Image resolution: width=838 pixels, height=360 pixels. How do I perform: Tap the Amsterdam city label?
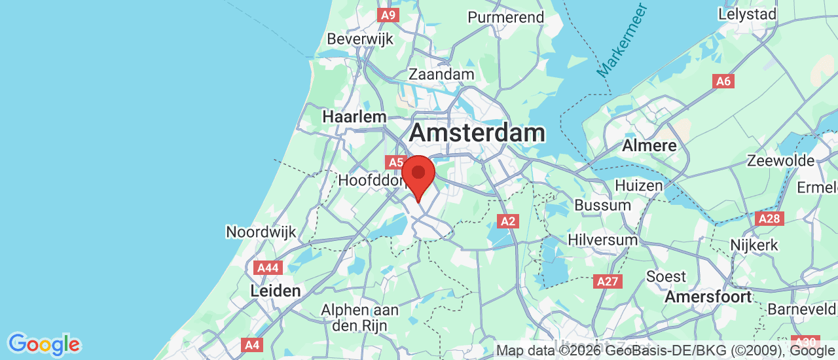pyautogui.click(x=477, y=133)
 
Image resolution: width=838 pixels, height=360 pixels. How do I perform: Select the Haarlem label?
pyautogui.click(x=355, y=117)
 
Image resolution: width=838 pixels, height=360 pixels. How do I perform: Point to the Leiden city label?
pyautogui.click(x=276, y=291)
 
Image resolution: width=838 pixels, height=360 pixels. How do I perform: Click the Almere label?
pyautogui.click(x=649, y=145)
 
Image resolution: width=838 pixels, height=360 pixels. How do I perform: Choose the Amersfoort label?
pyautogui.click(x=708, y=297)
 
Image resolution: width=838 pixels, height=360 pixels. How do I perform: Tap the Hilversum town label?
pyautogui.click(x=602, y=240)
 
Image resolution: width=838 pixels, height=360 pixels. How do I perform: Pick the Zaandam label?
pyautogui.click(x=441, y=74)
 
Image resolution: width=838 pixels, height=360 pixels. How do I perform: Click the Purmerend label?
pyautogui.click(x=506, y=17)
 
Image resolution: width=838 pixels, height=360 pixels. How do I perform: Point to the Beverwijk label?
pyautogui.click(x=360, y=39)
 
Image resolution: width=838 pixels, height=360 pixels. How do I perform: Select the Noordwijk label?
pyautogui.click(x=261, y=232)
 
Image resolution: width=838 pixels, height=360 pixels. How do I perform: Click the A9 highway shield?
pyautogui.click(x=388, y=14)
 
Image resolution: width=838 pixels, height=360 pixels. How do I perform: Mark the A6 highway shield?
pyautogui.click(x=723, y=81)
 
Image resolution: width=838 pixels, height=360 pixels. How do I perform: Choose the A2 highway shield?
pyautogui.click(x=508, y=221)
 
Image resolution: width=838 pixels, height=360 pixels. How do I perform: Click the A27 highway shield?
pyautogui.click(x=607, y=281)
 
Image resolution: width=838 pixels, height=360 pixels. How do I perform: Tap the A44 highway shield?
pyautogui.click(x=268, y=268)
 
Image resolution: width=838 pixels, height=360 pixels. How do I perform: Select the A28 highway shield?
pyautogui.click(x=769, y=219)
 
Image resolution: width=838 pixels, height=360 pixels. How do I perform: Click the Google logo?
pyautogui.click(x=44, y=344)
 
